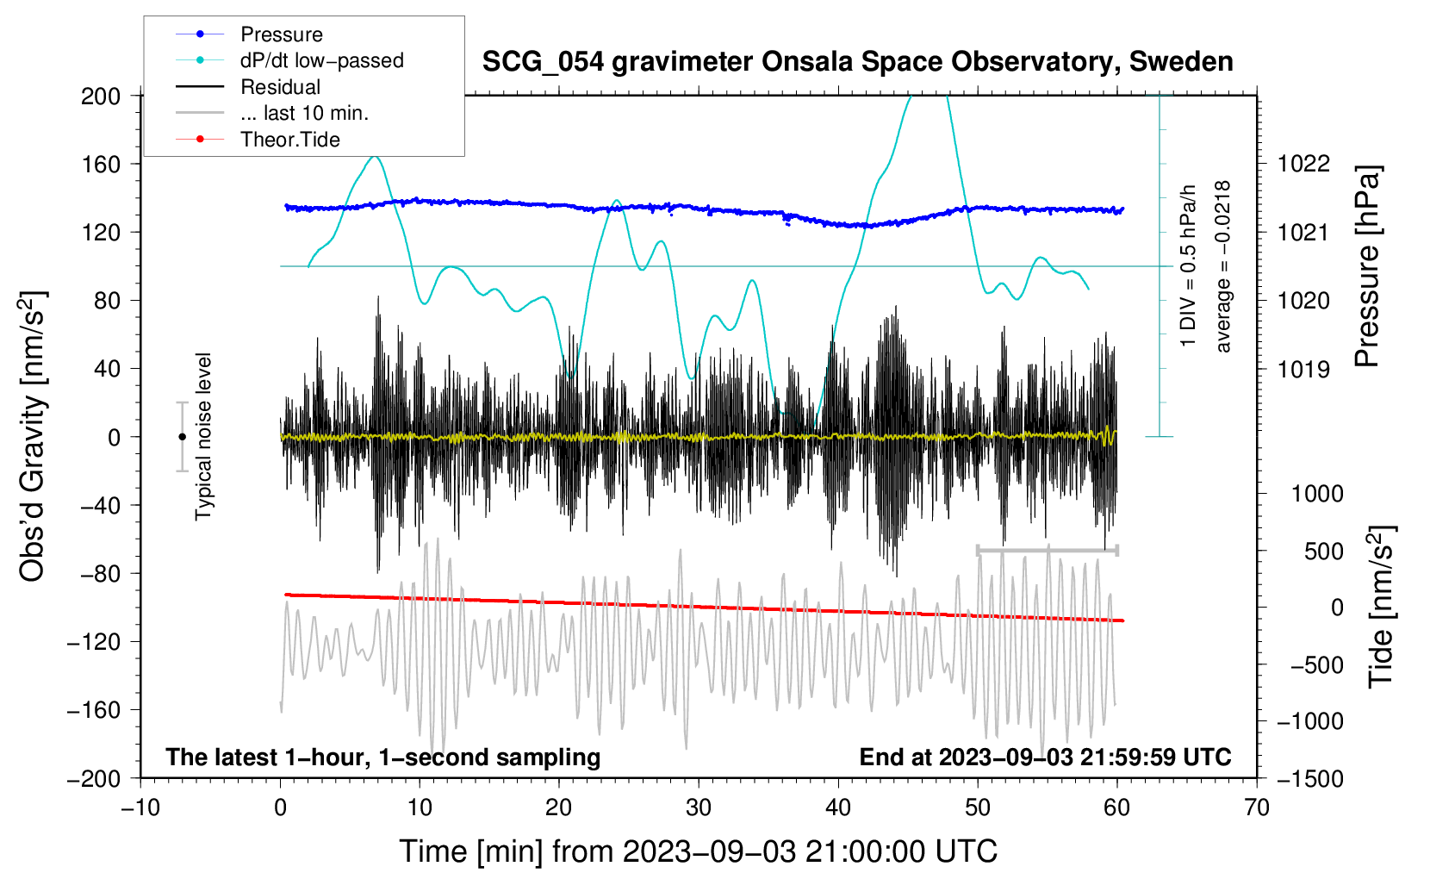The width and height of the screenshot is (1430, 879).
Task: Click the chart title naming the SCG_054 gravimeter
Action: [x=857, y=62]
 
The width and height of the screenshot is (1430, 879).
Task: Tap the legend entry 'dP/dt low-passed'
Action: [x=321, y=60]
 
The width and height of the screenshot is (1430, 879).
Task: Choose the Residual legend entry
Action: [x=280, y=87]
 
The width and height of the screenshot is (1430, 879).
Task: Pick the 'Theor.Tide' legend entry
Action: [x=289, y=140]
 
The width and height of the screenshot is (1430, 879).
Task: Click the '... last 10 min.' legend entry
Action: [x=304, y=113]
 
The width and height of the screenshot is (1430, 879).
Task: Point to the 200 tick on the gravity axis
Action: [x=101, y=96]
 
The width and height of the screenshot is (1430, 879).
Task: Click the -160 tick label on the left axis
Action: [x=94, y=710]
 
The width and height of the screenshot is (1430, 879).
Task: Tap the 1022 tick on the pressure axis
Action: [x=1303, y=164]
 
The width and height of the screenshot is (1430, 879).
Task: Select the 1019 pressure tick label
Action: [x=1303, y=370]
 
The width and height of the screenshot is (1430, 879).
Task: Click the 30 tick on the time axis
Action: [x=699, y=807]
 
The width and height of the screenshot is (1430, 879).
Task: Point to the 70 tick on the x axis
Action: [x=1257, y=807]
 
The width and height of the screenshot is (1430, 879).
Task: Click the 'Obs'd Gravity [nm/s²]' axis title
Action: [x=33, y=436]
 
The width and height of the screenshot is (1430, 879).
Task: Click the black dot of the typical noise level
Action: [x=182, y=437]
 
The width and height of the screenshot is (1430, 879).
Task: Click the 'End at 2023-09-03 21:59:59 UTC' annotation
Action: [x=1045, y=757]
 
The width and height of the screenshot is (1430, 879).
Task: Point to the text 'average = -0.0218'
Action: [x=1222, y=266]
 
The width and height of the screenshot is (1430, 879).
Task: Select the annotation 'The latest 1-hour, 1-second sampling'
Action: [x=382, y=757]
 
